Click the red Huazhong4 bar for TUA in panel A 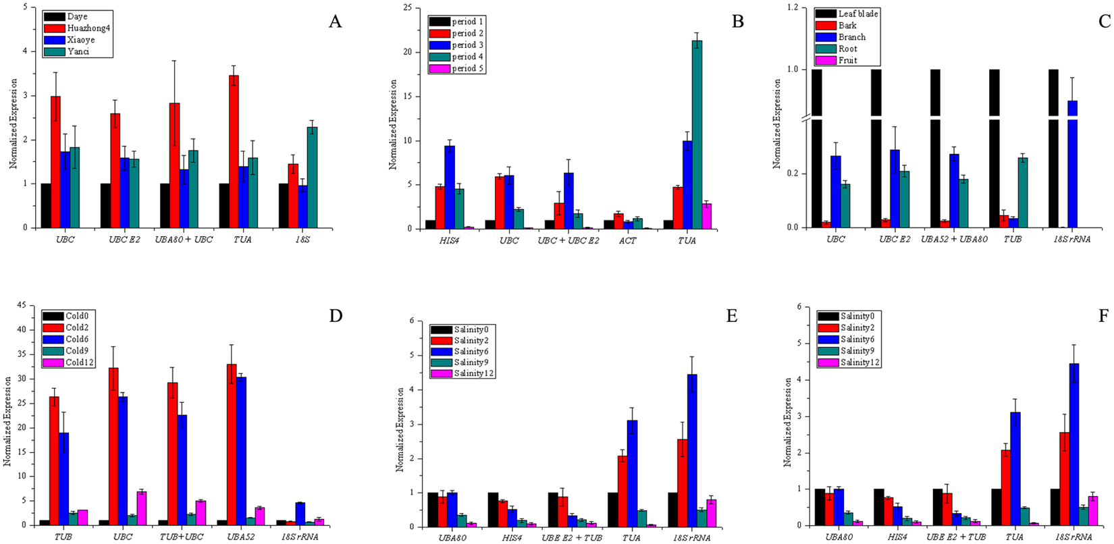[x=234, y=151]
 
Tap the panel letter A [x=335, y=22]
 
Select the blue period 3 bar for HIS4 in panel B [x=450, y=187]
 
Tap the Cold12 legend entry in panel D [x=71, y=362]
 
